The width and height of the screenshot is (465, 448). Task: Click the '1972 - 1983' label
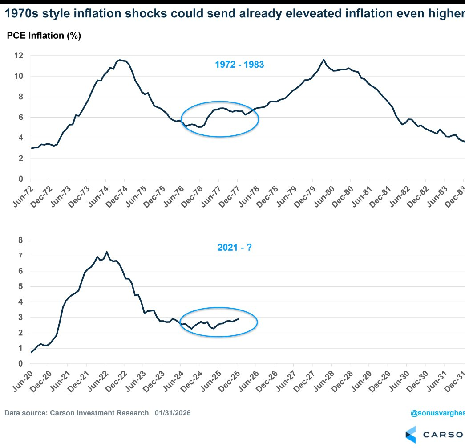239,65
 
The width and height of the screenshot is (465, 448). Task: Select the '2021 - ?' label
234,248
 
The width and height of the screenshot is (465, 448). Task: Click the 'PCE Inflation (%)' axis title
44,36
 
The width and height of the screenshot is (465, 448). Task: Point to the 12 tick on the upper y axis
18,56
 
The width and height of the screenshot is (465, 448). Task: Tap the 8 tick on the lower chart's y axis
20,240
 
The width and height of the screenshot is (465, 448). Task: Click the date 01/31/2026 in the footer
173,413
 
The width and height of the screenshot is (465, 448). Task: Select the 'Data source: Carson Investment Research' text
77,413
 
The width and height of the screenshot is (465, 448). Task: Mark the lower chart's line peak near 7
106,252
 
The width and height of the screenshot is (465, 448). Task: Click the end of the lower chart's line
239,319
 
